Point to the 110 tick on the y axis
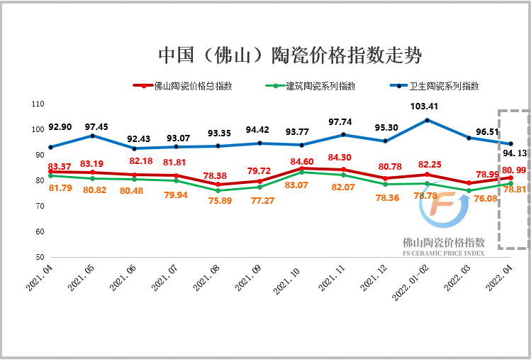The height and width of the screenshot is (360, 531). pos(38,104)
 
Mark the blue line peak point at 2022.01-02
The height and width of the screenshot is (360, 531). pos(427,120)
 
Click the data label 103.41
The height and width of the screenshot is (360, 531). pos(424,107)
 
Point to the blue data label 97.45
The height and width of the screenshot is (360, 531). pos(96,126)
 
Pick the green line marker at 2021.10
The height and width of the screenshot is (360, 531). pos(301,172)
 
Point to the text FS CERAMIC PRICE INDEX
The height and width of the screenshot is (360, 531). pos(443,252)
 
